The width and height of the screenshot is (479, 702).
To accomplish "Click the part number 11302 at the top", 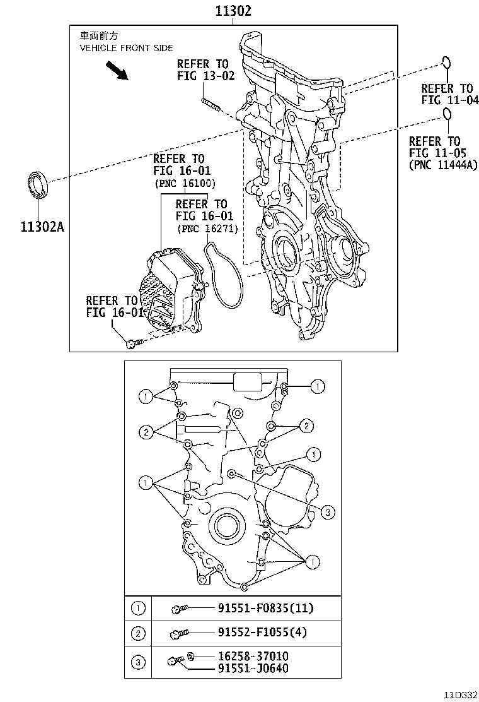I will pos(233,11).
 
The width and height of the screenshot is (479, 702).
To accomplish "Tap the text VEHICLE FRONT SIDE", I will pos(126,48).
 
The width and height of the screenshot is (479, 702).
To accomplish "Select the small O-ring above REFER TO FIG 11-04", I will pos(446,62).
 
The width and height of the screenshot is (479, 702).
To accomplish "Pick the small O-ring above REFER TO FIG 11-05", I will pos(447,114).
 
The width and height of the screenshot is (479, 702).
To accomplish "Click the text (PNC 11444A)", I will pos(441,165).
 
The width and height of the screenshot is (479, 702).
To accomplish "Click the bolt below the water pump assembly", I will pos(133,343).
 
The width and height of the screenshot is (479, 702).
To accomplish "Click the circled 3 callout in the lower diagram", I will pos(326,512).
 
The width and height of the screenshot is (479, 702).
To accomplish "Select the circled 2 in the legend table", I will pos(138,633).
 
